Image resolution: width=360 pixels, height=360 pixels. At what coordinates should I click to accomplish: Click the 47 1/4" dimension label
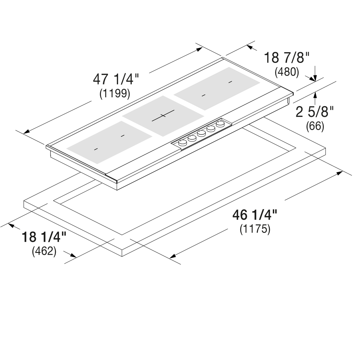click(116, 79)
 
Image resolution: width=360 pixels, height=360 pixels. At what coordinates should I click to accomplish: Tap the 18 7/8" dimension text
click(287, 58)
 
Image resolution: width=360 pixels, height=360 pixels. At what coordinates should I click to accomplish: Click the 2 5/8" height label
click(314, 112)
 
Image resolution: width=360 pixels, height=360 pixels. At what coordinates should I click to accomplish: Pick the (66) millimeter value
click(315, 126)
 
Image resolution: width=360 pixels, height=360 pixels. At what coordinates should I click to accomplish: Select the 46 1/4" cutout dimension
click(255, 215)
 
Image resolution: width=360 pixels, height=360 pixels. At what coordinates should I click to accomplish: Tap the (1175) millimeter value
click(255, 229)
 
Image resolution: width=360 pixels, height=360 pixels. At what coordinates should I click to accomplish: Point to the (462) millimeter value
click(44, 251)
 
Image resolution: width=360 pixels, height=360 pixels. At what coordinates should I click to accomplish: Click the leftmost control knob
click(183, 143)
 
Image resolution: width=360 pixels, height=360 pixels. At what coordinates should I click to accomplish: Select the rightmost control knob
click(220, 124)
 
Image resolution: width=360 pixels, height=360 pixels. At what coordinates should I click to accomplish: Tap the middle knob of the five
click(201, 133)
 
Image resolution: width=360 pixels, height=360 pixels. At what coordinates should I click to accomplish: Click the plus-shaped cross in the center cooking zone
click(163, 115)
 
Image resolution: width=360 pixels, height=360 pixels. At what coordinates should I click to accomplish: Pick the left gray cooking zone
click(109, 142)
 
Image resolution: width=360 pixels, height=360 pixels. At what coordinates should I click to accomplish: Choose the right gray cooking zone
click(217, 89)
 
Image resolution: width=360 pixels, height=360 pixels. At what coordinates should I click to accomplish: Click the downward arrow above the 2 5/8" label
click(315, 74)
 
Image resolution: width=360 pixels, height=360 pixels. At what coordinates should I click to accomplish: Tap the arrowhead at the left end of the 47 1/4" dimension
click(26, 132)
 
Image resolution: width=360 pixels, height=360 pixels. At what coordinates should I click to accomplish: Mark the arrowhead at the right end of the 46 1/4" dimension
click(340, 173)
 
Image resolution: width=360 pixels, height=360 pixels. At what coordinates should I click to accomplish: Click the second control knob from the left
click(192, 138)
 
